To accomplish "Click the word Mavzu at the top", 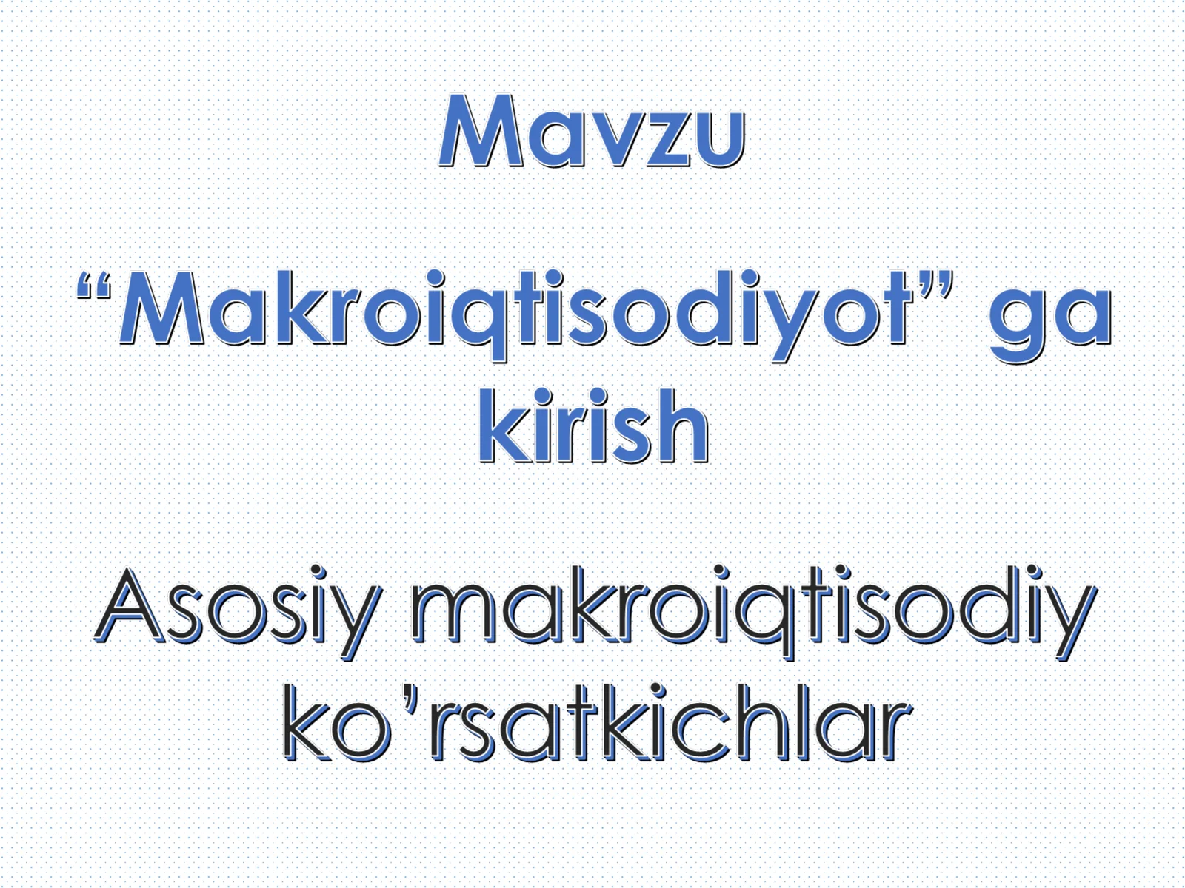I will (x=591, y=132).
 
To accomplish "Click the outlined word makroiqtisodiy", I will (x=752, y=611).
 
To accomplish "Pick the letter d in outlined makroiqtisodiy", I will (x=998, y=608).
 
